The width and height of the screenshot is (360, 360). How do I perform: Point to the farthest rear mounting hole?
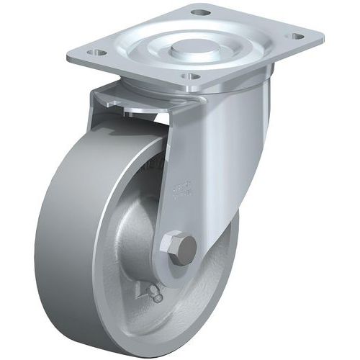(202, 12)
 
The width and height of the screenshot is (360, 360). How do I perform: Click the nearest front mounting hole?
(188, 76)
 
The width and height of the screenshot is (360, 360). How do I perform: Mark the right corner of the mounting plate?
(321, 33)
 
